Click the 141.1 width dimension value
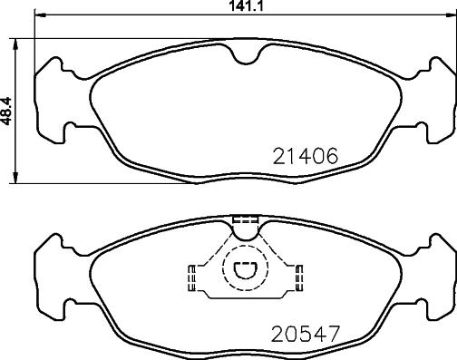[x=246, y=5]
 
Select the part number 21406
[x=305, y=156]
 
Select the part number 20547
[x=306, y=334]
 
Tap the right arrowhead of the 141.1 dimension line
[x=452, y=15]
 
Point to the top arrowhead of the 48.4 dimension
[x=15, y=44]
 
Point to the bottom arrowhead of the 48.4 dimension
[x=15, y=178]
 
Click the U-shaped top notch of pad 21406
[x=246, y=61]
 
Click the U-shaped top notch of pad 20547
[x=246, y=237]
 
